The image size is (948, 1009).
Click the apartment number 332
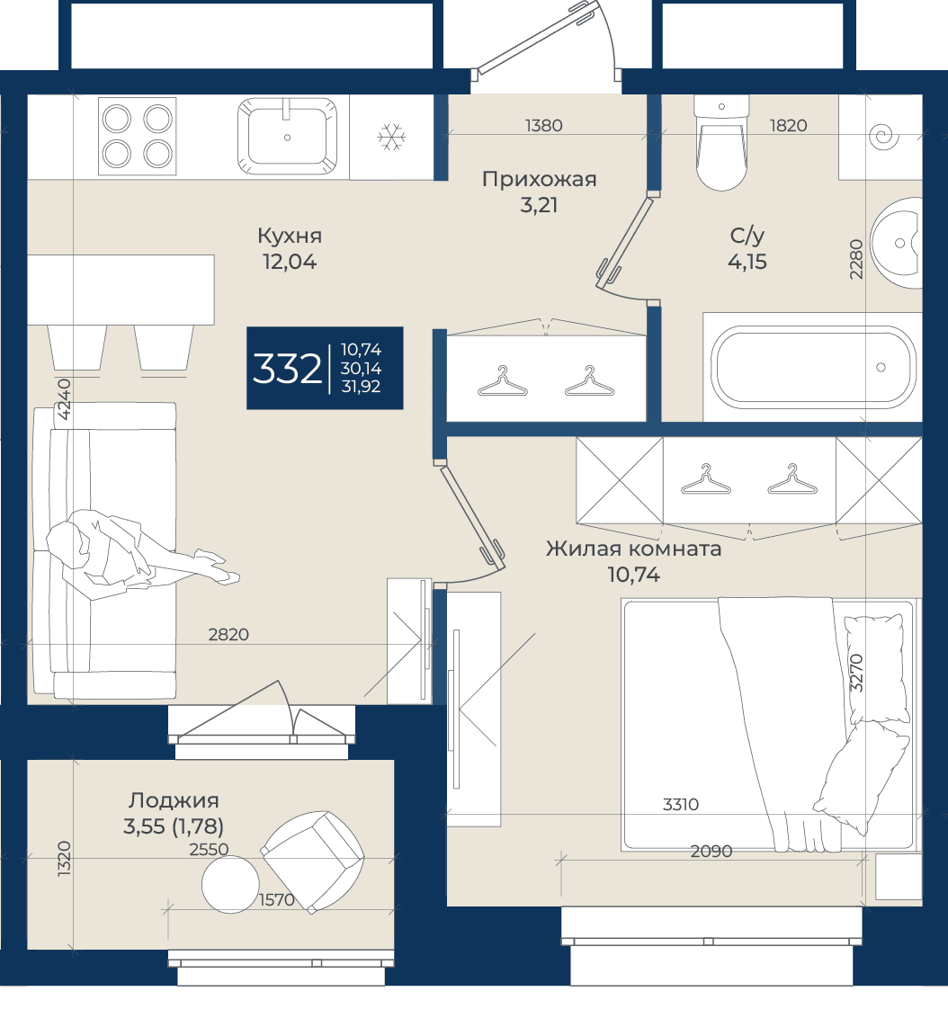tap(287, 369)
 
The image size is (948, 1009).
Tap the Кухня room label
tap(290, 237)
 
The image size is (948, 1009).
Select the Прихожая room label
tap(540, 179)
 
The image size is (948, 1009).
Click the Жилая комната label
tap(633, 549)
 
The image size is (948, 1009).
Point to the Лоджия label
tap(174, 800)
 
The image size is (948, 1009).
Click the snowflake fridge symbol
tap(391, 137)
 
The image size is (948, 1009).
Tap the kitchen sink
tap(287, 136)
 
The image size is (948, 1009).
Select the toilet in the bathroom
tap(721, 143)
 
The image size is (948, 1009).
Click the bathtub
tap(812, 368)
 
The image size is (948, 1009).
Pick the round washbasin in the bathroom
tap(897, 243)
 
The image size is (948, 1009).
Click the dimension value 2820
tap(228, 635)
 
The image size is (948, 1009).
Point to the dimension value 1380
tap(544, 126)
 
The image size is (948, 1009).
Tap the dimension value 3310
tap(681, 804)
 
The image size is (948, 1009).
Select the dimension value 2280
tap(856, 259)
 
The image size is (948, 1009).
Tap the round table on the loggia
tap(230, 884)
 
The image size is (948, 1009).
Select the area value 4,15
tap(747, 262)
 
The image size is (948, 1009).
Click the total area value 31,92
tap(361, 387)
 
